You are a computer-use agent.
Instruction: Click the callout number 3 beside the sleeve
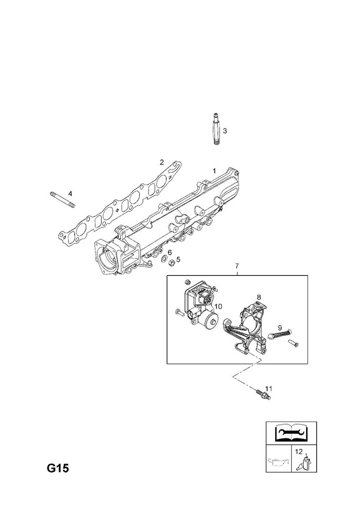click(225, 131)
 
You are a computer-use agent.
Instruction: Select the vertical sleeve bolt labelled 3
click(216, 129)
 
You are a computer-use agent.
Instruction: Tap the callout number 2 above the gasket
click(161, 162)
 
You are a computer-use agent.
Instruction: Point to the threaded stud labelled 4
click(62, 200)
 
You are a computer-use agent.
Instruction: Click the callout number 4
click(70, 194)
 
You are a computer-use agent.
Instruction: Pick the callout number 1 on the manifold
click(214, 171)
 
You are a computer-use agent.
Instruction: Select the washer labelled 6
click(164, 258)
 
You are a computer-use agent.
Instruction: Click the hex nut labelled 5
click(172, 262)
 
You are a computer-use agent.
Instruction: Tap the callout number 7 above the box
click(237, 266)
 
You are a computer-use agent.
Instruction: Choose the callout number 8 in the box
click(259, 297)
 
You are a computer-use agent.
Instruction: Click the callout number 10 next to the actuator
click(218, 306)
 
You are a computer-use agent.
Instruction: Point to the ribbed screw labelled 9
click(280, 334)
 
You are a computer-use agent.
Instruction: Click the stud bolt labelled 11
click(263, 394)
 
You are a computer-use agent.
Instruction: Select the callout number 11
click(269, 388)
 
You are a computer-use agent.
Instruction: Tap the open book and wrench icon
click(291, 433)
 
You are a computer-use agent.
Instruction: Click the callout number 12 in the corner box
click(299, 452)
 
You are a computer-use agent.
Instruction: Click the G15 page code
click(58, 468)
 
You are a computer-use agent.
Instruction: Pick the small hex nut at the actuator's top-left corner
click(186, 281)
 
